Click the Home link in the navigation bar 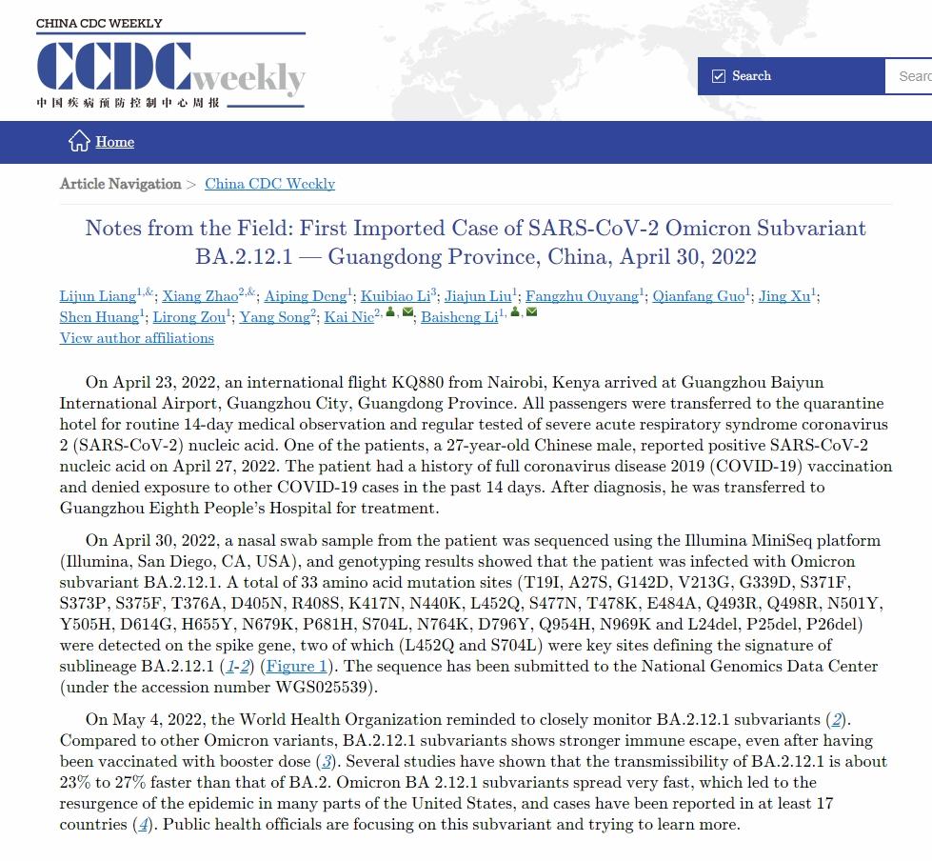tap(114, 142)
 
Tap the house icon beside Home tap(79, 141)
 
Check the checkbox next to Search tap(719, 76)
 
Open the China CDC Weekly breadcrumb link tap(269, 184)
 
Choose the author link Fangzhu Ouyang tap(582, 296)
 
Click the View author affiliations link tap(136, 338)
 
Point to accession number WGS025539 tap(327, 687)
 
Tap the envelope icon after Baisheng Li tap(531, 312)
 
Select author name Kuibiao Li tap(396, 296)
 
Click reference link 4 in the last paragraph tap(143, 824)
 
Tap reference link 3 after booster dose tap(327, 761)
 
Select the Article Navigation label tap(120, 184)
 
